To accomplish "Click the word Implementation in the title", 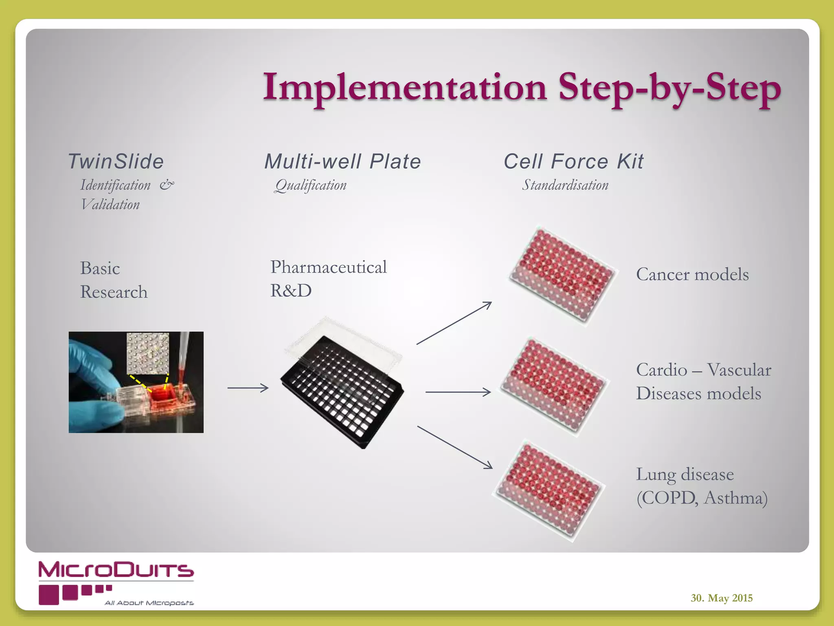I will (x=404, y=88).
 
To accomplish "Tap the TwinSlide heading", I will (x=116, y=161).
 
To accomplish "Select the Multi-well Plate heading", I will (x=342, y=161).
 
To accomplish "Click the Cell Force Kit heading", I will (x=573, y=161).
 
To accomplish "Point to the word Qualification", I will (x=311, y=185).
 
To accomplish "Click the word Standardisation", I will (x=565, y=185).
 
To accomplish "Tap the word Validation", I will (x=110, y=205).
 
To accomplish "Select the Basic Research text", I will (x=114, y=280).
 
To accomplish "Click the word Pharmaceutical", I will (x=328, y=267).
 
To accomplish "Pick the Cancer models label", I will (x=692, y=274).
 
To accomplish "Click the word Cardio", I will (x=661, y=370).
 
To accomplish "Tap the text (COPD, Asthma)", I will (x=702, y=498).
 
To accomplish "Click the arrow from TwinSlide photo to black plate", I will (x=248, y=388).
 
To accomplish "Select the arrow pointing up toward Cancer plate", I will (x=454, y=323).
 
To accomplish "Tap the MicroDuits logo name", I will (x=116, y=570).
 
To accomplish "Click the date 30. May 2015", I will (x=721, y=598).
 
